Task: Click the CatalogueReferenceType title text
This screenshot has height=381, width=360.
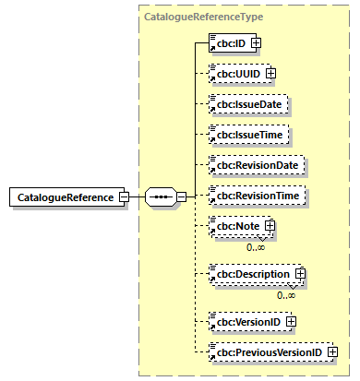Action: point(202,17)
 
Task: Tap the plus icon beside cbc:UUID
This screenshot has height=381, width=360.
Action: point(270,73)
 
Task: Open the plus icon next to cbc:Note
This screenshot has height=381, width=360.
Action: point(270,226)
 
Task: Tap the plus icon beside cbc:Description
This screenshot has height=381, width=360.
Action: point(300,275)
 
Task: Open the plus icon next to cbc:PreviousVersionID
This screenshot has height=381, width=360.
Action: point(330,351)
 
